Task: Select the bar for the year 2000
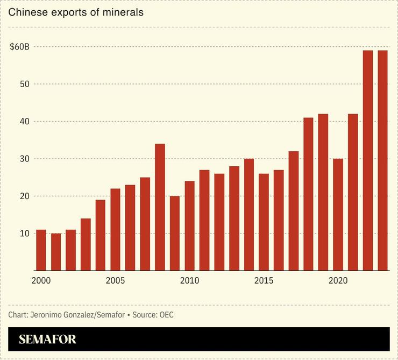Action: click(x=41, y=250)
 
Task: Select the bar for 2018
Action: click(x=308, y=194)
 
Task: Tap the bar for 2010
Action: click(x=189, y=225)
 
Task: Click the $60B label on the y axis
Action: click(x=19, y=47)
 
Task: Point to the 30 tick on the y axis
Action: click(x=24, y=159)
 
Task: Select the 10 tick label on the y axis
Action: click(x=24, y=234)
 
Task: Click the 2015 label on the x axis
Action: click(x=264, y=281)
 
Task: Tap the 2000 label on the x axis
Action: click(x=41, y=281)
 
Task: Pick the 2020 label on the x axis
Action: click(x=338, y=281)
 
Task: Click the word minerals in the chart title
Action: click(x=122, y=12)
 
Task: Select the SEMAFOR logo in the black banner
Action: click(x=47, y=340)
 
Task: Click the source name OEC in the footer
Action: click(x=166, y=315)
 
